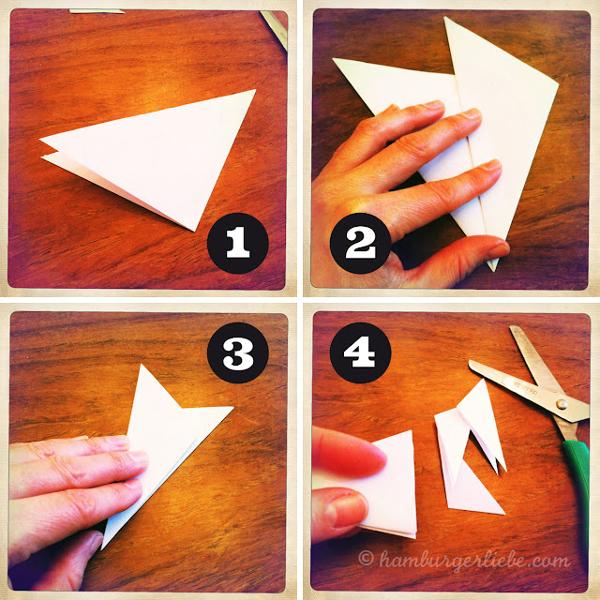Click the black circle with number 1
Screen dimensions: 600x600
[237, 243]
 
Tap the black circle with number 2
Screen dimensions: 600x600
[360, 243]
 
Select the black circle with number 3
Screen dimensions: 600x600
[237, 352]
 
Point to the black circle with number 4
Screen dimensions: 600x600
[360, 352]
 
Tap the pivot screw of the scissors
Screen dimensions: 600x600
[562, 404]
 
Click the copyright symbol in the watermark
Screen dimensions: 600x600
[366, 558]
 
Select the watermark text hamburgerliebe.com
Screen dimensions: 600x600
[474, 561]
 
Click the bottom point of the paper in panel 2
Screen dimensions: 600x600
[494, 271]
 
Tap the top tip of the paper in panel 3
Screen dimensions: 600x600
[142, 365]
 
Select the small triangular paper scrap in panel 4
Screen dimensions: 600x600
[474, 494]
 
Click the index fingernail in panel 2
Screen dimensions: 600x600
[435, 104]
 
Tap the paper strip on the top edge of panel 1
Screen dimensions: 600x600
[97, 11]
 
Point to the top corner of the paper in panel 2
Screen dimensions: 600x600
[445, 18]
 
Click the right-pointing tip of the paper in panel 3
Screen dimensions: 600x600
[232, 407]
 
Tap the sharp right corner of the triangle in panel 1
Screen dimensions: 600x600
[255, 90]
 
